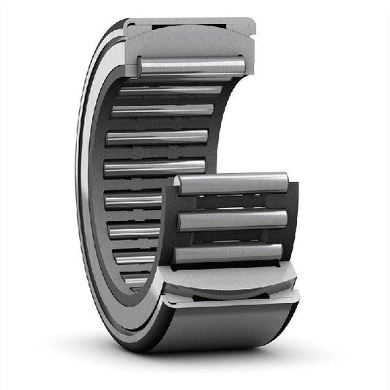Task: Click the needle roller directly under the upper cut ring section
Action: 192,67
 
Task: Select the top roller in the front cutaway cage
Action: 233,184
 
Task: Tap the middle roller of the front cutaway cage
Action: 233,220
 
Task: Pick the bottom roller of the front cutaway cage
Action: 228,253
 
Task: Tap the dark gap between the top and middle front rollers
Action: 233,202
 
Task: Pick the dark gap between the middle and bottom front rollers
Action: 230,237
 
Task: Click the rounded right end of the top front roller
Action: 284,181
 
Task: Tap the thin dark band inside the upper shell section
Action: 192,51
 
